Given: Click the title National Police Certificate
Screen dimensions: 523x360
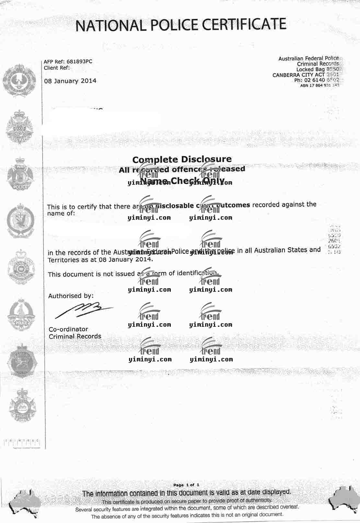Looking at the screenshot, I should point(181,25).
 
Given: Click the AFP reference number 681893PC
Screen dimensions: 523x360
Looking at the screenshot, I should point(79,61).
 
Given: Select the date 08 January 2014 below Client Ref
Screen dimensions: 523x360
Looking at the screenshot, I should point(70,81).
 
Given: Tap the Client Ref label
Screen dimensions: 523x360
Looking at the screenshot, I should point(56,68).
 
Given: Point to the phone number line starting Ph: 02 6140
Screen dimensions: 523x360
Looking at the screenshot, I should point(317,80).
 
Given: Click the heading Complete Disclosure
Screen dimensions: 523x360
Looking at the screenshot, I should point(182,159).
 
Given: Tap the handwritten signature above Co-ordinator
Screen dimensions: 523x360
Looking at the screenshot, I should point(84,310).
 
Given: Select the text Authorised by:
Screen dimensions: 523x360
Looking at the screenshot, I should point(71,296).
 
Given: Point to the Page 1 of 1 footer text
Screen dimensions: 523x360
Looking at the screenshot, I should point(186,485).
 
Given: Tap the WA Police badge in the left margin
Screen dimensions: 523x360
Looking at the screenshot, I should point(20,173).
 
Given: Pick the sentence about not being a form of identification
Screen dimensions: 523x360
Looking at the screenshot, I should point(133,274).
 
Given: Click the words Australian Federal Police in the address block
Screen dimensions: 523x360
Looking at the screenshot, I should point(308,58).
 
